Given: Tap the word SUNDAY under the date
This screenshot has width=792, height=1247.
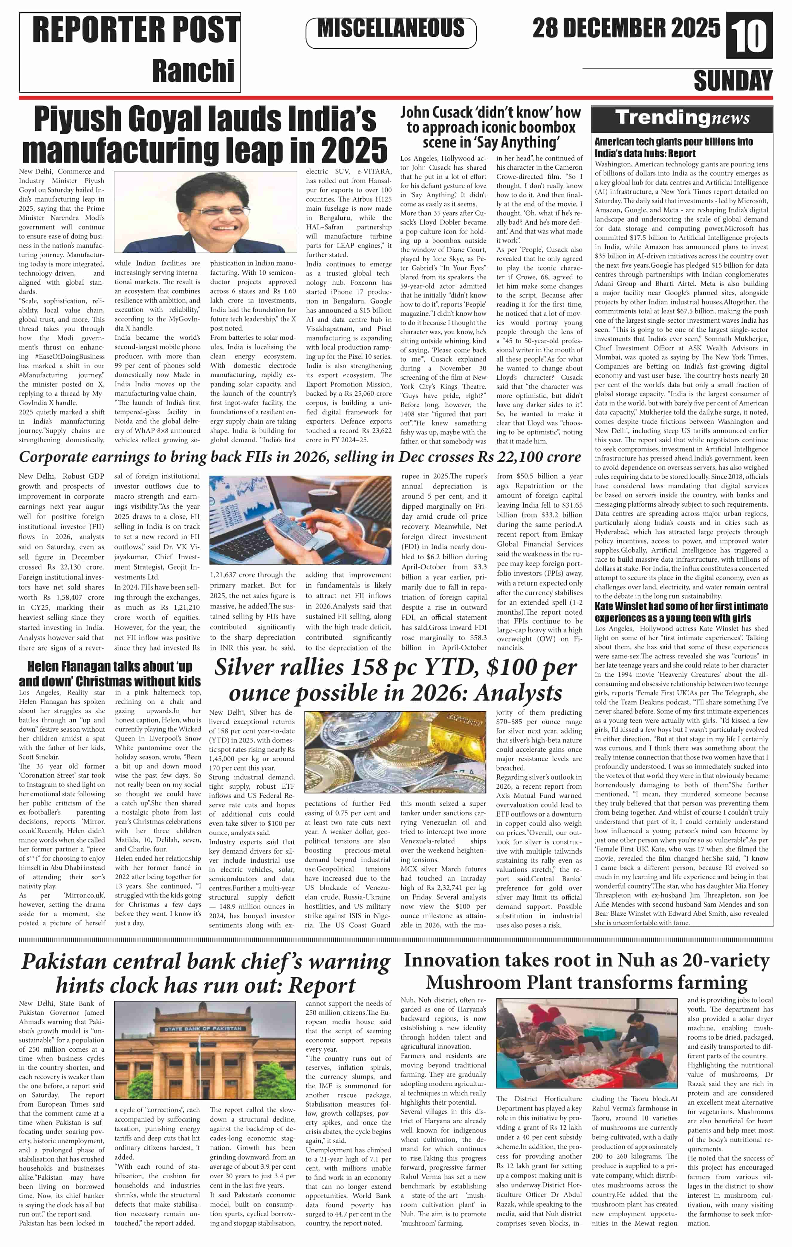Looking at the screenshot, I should (x=733, y=81).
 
